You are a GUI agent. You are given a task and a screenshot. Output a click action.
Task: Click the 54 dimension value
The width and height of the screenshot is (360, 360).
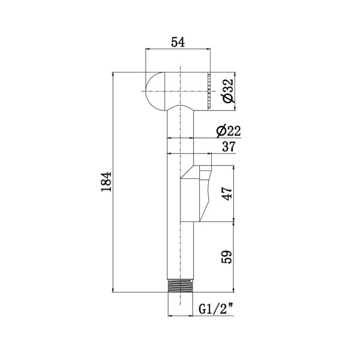coord(178,42)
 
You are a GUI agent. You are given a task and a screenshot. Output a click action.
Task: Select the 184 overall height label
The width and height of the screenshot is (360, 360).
coord(106,182)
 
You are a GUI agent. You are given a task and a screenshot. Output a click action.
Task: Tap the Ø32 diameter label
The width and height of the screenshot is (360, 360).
coord(228,91)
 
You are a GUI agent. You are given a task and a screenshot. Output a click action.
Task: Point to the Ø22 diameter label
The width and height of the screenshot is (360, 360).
coord(229,131)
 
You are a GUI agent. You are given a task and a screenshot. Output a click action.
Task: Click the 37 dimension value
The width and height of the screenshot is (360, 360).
coord(229,146)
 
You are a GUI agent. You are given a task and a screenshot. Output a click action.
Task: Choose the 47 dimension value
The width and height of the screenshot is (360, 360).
coord(227,194)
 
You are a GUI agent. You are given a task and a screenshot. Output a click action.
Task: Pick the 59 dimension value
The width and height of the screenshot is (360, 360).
coord(227,257)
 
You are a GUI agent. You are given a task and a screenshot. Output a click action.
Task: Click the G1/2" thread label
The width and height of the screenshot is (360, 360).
coord(216,309)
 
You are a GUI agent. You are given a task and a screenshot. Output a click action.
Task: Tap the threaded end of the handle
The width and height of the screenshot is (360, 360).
coord(180,286)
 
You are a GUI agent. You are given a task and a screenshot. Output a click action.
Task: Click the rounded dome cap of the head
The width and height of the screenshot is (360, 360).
coord(154,91)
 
